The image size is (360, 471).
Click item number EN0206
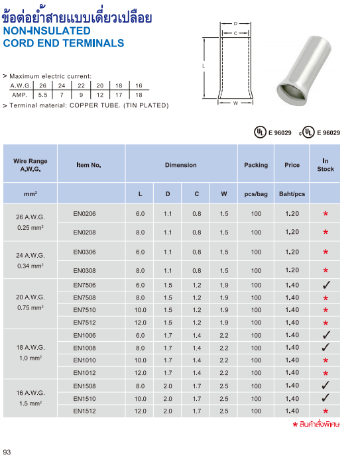pos(85,213)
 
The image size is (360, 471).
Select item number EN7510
pos(85,310)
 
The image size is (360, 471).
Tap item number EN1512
pos(85,411)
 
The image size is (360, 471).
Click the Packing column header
pos(256,165)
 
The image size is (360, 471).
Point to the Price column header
pos(292,165)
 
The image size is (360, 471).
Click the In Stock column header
pos(326,165)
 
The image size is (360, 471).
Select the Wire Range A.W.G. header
pos(30,165)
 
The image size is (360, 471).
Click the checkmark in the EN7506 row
pos(326,285)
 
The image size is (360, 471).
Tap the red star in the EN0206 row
pos(326,214)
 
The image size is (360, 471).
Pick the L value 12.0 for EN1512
pos(140,411)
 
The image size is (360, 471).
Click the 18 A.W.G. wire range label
pos(30,347)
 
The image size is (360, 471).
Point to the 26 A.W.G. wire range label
pos(30,217)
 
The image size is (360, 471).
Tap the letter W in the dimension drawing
pos(235,103)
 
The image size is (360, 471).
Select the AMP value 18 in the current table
pos(139,95)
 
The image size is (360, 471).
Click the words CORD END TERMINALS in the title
pos(64,43)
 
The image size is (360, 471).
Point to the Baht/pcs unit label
pos(292,194)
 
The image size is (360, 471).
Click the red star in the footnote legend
pos(295,423)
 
